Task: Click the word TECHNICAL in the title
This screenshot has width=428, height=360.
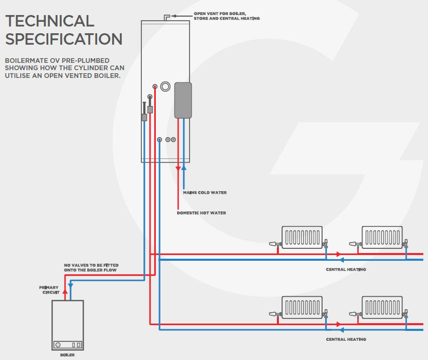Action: [x=49, y=21]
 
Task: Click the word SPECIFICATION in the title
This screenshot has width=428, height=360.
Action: [x=63, y=39]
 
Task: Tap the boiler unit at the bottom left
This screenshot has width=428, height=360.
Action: [x=68, y=325]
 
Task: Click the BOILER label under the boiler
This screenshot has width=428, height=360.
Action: [x=68, y=355]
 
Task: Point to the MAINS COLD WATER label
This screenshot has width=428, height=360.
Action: [x=205, y=193]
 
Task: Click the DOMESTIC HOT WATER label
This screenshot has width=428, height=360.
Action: [x=201, y=213]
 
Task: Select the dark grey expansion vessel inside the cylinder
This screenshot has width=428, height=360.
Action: [x=182, y=100]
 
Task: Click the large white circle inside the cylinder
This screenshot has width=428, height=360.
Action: [x=165, y=86]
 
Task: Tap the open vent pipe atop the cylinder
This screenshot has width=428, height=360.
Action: [x=167, y=18]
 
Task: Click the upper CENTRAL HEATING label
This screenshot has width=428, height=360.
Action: [x=346, y=270]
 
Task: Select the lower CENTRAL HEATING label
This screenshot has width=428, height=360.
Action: [x=346, y=339]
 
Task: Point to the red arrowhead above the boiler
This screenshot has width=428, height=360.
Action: [x=65, y=292]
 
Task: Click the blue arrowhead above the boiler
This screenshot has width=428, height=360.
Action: [x=71, y=285]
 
